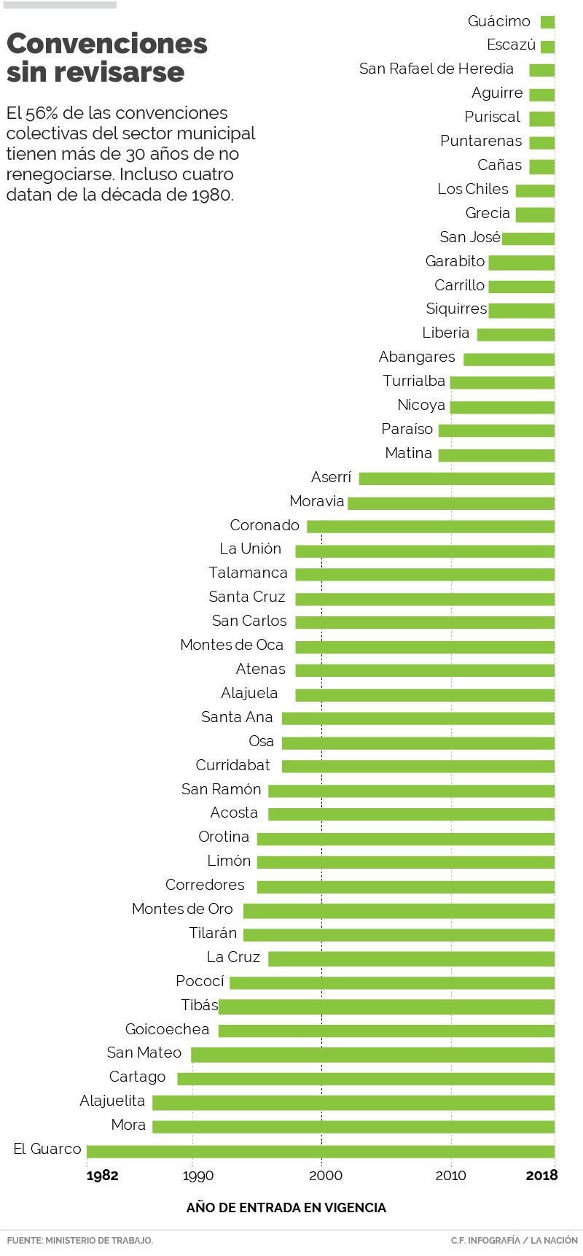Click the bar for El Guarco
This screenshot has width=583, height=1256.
pyautogui.click(x=321, y=1152)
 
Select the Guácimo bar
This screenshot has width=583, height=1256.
pyautogui.click(x=547, y=23)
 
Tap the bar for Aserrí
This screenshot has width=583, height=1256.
pyautogui.click(x=456, y=478)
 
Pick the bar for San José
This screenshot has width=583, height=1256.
pyautogui.click(x=528, y=239)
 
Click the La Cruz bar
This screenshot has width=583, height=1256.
pyautogui.click(x=411, y=958)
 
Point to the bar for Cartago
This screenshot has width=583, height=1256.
pyautogui.click(x=366, y=1079)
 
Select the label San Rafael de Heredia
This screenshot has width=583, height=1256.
pyautogui.click(x=437, y=69)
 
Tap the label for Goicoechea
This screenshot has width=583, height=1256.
pyautogui.click(x=167, y=1030)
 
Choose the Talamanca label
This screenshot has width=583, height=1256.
pyautogui.click(x=248, y=573)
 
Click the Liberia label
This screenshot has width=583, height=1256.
pyautogui.click(x=445, y=333)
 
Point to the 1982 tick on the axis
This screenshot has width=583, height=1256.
pyautogui.click(x=102, y=1176)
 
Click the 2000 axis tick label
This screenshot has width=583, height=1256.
pyautogui.click(x=325, y=1176)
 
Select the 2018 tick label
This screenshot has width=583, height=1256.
pyautogui.click(x=541, y=1176)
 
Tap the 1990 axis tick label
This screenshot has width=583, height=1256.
pyautogui.click(x=197, y=1176)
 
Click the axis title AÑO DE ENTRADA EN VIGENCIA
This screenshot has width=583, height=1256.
pyautogui.click(x=286, y=1208)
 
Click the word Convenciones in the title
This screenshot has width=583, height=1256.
pyautogui.click(x=107, y=44)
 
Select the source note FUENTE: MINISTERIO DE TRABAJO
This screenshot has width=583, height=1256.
pyautogui.click(x=80, y=1240)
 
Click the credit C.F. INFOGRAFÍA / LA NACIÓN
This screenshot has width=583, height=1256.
pyautogui.click(x=514, y=1240)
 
